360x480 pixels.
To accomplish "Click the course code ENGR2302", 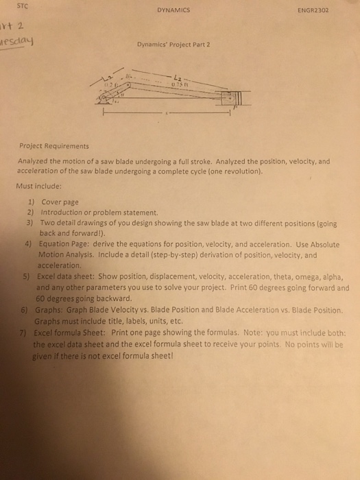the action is [x=315, y=11].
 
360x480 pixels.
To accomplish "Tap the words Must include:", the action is [x=38, y=185].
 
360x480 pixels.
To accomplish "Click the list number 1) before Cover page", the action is [x=31, y=202].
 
